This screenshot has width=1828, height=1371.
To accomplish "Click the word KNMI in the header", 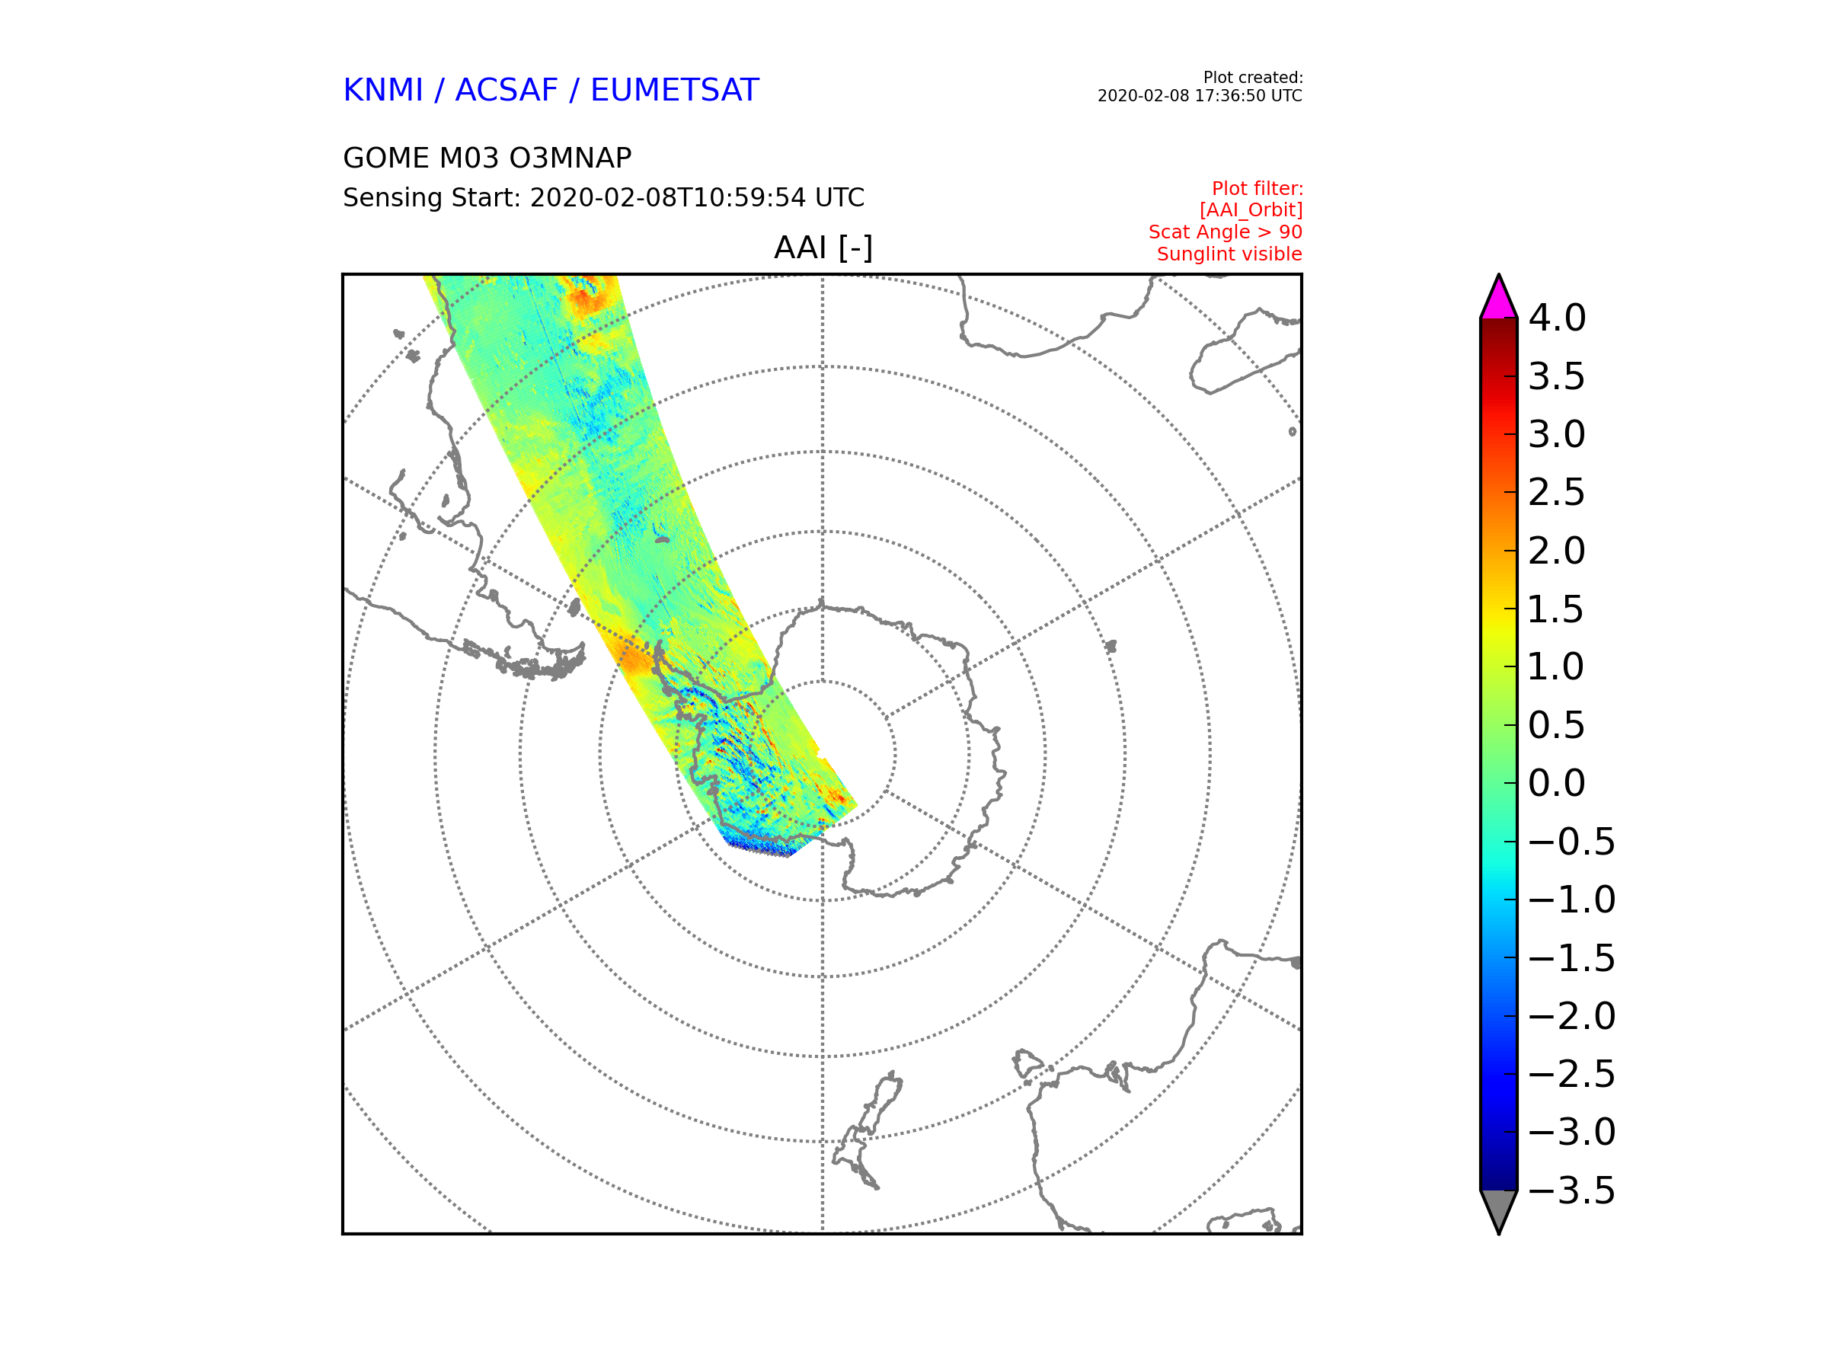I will coord(382,90).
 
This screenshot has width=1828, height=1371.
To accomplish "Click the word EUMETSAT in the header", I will coord(674,90).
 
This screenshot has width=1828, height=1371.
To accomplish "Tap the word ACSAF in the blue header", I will coord(507,90).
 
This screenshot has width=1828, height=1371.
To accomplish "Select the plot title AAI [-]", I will coord(823,247).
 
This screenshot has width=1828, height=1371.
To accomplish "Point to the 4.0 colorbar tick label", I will coord(1557,318).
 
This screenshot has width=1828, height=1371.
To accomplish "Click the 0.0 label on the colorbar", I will coord(1557,784).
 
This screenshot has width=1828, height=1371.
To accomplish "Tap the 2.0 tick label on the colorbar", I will coord(1557,551).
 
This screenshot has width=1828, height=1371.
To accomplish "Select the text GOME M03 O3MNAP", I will coord(487,158).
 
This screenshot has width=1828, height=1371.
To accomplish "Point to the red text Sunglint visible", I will coord(1229,254).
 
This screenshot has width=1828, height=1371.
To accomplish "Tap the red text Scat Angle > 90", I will coord(1225,232).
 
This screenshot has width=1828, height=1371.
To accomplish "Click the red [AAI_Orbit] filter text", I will coord(1251,211).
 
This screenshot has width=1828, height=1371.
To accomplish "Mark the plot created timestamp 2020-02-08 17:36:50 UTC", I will coord(1199,96).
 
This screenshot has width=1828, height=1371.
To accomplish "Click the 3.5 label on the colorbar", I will coord(1557,377).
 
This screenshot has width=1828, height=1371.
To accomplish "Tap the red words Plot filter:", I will coord(1257,189).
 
